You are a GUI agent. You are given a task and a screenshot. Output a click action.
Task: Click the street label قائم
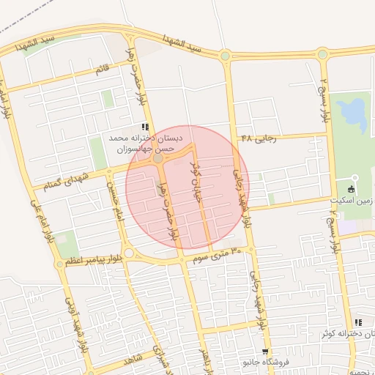pos(103,70)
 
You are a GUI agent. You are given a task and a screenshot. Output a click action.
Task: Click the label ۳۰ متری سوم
pos(218,255)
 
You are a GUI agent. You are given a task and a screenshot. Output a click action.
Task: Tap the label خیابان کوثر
pos(198,173)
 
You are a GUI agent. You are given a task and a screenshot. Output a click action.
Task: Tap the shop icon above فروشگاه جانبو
pos(265,352)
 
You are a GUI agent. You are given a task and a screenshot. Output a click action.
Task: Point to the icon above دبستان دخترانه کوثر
pos(357,322)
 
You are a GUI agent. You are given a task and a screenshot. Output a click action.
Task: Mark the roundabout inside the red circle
pos(157,157)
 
